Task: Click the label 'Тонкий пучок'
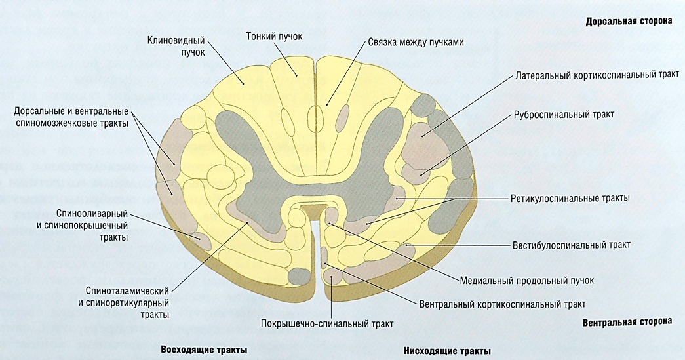274,35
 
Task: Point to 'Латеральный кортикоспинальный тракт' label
597,74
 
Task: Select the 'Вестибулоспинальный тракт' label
571,245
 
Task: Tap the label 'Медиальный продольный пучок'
527,280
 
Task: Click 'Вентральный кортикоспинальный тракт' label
501,304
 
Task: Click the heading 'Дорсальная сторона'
629,21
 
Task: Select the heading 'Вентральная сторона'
627,322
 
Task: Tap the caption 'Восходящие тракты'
203,350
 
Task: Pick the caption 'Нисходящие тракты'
445,350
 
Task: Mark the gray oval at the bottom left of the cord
298,276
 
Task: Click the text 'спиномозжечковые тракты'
71,123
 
